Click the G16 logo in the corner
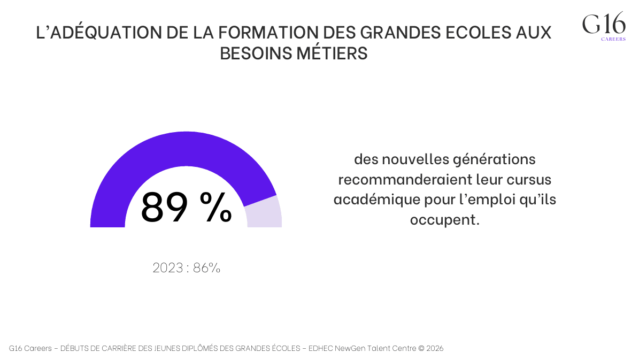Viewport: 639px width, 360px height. [604, 24]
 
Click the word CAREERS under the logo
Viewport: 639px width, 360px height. [613, 39]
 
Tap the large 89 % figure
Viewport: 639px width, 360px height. [186, 207]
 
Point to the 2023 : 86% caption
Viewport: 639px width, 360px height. [186, 267]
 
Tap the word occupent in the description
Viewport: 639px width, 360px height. [442, 219]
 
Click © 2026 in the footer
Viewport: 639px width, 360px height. [430, 348]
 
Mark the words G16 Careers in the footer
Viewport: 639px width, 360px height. [30, 348]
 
